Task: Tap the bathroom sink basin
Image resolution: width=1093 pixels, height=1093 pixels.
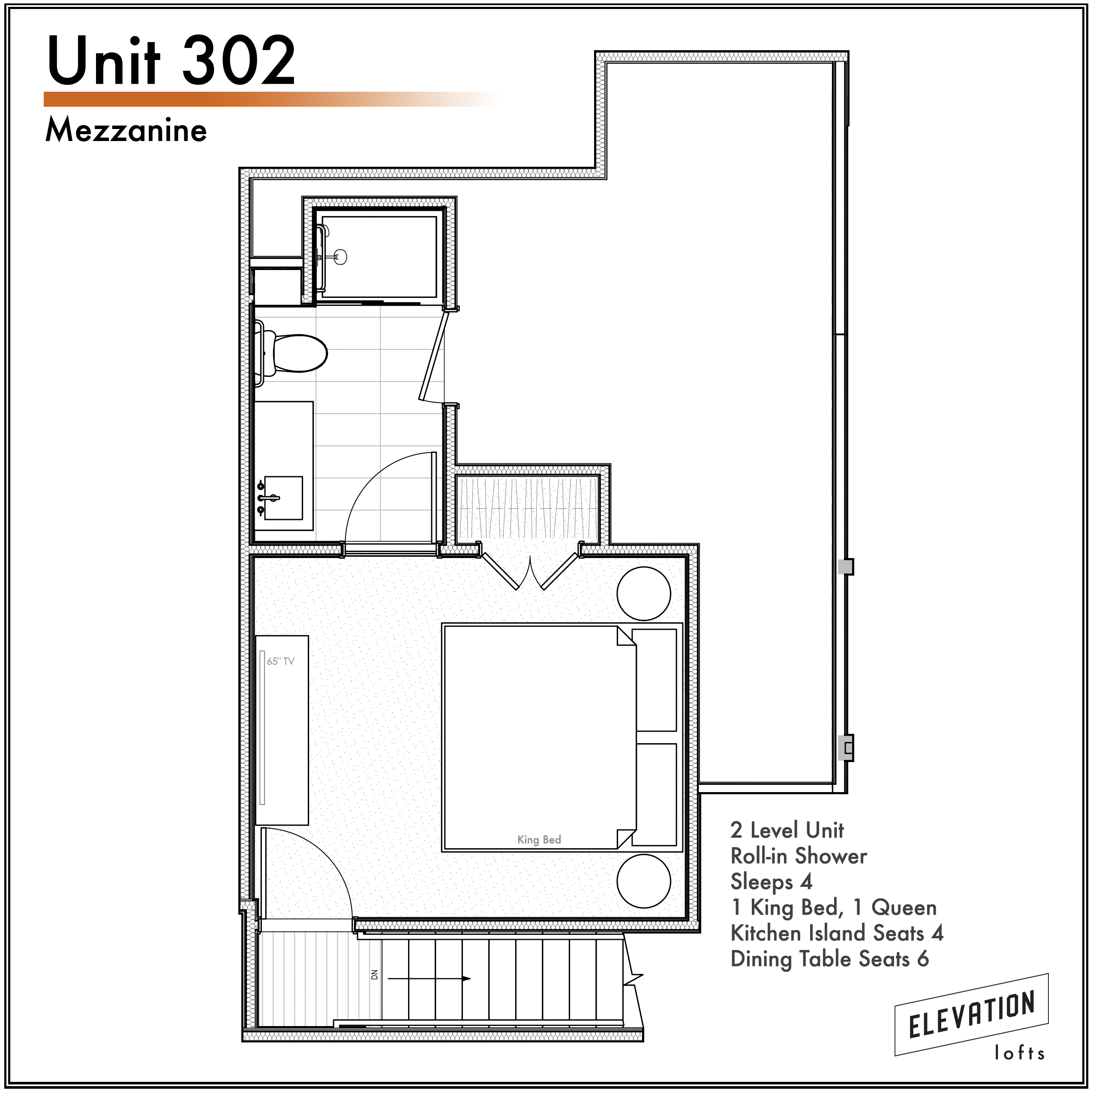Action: coord(283,498)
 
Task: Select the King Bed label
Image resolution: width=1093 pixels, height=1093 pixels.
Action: coord(539,840)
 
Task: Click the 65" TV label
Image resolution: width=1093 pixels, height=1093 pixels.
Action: coord(281,661)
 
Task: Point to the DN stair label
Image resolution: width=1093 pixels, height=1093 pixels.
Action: coord(374,975)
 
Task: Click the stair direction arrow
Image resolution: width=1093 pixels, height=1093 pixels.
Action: coord(429,978)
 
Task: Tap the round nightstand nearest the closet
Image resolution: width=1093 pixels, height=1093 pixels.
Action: coord(644,594)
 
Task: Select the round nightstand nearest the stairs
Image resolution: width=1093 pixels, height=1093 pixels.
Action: coord(644,881)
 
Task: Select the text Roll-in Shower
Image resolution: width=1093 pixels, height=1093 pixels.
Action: coord(798,856)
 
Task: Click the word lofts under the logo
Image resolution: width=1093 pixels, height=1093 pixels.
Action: coord(1019,1053)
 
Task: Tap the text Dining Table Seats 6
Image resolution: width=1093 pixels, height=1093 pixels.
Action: coord(829,959)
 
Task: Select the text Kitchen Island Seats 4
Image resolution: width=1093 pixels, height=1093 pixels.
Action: coord(837,933)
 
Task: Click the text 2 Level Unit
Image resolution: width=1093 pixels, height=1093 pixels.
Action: coord(787,830)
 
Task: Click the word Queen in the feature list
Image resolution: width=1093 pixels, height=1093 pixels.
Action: coord(904,907)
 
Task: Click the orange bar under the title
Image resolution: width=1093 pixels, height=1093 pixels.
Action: coord(270,99)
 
